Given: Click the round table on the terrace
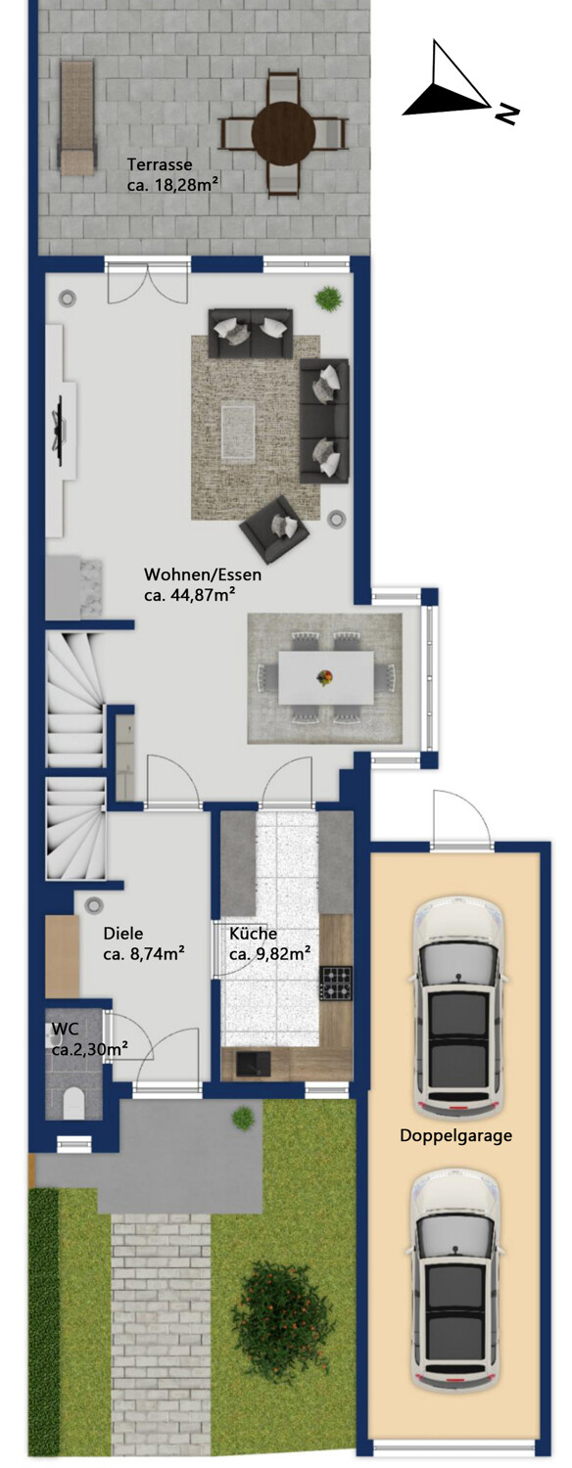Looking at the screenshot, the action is tap(284, 134).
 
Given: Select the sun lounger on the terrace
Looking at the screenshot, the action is tap(76, 117).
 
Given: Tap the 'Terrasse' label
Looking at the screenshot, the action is tap(160, 163).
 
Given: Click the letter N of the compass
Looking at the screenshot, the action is tap(505, 115).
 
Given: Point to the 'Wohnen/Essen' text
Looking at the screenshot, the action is tap(203, 574).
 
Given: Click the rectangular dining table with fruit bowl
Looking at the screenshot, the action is tap(326, 677).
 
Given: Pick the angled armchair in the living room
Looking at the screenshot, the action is tap(274, 528).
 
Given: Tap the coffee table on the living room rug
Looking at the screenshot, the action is tap(238, 433).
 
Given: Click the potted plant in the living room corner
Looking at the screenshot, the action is tap(328, 298).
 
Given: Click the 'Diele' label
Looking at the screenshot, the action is tap(123, 934).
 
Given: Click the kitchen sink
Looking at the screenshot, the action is tap(253, 1063).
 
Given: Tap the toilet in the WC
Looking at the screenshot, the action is tap(72, 1103).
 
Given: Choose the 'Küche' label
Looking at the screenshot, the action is tap(254, 934).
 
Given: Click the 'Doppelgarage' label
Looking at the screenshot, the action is tap(455, 1135).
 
